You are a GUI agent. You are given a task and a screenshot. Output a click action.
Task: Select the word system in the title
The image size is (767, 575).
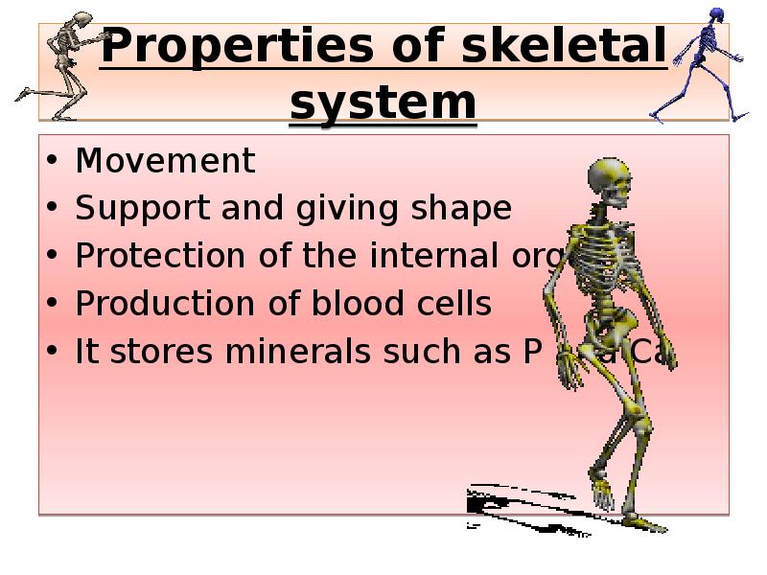383,102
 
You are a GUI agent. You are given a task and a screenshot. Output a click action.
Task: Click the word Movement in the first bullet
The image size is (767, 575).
166,161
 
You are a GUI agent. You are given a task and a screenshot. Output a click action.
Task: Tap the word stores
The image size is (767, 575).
163,352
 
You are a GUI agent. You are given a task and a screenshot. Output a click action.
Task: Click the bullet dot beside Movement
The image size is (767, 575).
51,162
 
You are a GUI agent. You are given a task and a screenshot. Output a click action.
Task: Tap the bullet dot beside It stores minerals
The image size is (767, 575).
51,353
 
